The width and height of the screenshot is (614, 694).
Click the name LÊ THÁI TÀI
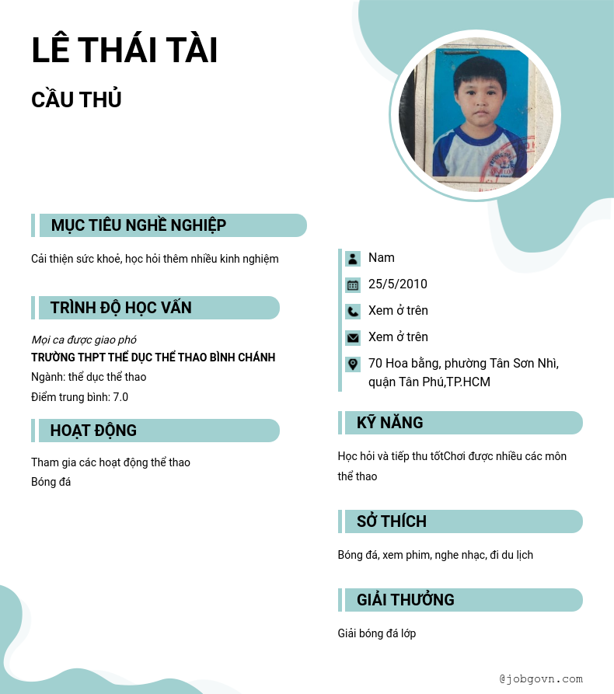click(x=124, y=51)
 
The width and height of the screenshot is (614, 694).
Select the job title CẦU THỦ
click(x=76, y=100)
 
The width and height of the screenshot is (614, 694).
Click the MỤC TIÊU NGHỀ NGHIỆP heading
click(x=138, y=225)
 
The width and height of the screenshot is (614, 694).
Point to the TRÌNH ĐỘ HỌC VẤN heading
click(x=120, y=308)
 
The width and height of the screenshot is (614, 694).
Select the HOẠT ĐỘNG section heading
click(x=93, y=431)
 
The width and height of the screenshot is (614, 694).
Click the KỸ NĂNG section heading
click(x=389, y=423)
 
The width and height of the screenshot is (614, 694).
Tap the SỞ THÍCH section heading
click(x=391, y=521)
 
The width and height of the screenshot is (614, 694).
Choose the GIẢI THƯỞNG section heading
click(x=405, y=600)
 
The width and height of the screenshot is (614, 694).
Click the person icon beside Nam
click(x=353, y=258)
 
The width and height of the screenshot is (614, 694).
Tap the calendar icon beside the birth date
click(x=353, y=284)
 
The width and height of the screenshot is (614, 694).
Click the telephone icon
click(x=353, y=311)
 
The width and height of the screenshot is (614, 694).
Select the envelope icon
click(x=353, y=337)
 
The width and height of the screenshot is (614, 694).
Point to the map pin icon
click(x=353, y=364)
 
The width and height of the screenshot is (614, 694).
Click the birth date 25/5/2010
click(x=397, y=284)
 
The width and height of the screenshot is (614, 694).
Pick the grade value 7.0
click(x=120, y=397)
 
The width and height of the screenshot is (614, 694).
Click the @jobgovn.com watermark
click(x=540, y=678)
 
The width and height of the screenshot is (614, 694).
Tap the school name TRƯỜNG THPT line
click(x=153, y=357)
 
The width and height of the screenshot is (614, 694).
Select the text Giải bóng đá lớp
click(x=376, y=633)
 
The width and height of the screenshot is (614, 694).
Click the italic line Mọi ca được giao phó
click(x=84, y=340)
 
